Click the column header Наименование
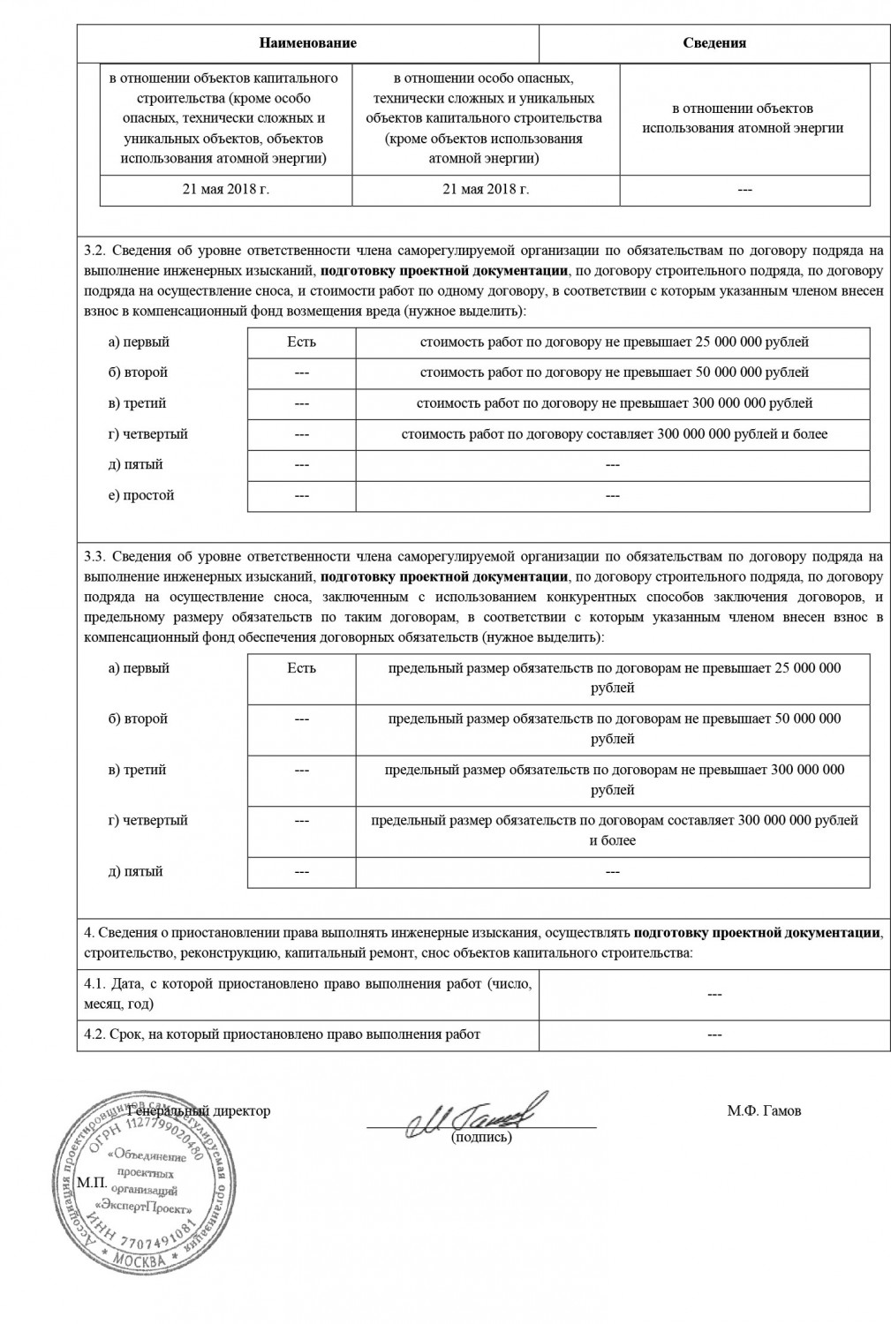click(308, 42)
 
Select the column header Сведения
click(714, 42)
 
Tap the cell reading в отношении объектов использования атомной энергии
click(744, 118)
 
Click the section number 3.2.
click(94, 251)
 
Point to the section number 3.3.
click(94, 556)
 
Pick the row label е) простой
click(141, 495)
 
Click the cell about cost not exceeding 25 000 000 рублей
click(614, 342)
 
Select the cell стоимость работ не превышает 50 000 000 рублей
click(614, 372)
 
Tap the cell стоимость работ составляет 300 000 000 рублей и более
click(614, 434)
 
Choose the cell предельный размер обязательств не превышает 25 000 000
click(614, 677)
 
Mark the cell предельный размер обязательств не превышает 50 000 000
click(614, 728)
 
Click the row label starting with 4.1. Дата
click(308, 993)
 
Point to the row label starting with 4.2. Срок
click(283, 1034)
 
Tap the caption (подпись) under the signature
click(481, 1137)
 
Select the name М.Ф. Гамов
click(764, 1110)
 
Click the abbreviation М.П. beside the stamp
click(92, 1182)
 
